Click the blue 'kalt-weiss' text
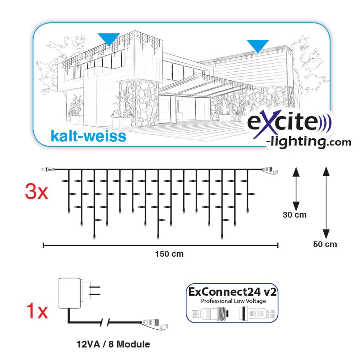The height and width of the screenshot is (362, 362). pyautogui.click(x=88, y=136)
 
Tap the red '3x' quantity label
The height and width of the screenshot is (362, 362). pyautogui.click(x=36, y=191)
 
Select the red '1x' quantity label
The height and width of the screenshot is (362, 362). pyautogui.click(x=37, y=311)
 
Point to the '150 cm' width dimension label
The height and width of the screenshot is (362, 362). pyautogui.click(x=169, y=254)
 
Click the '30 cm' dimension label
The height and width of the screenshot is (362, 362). pyautogui.click(x=295, y=215)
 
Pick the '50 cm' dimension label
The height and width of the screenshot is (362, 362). pyautogui.click(x=325, y=244)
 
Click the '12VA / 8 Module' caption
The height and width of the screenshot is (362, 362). pyautogui.click(x=113, y=344)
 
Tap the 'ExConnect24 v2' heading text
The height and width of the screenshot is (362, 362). pyautogui.click(x=232, y=292)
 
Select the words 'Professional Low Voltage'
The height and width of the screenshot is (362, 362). pyautogui.click(x=233, y=301)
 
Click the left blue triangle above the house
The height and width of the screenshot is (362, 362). pyautogui.click(x=109, y=39)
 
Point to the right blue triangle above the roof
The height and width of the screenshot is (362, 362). pyautogui.click(x=258, y=45)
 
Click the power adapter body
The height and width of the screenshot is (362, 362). pyautogui.click(x=70, y=293)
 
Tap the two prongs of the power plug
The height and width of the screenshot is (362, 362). pyautogui.click(x=95, y=291)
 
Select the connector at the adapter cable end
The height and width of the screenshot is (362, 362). pyautogui.click(x=155, y=324)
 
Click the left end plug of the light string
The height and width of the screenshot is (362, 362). pyautogui.click(x=48, y=170)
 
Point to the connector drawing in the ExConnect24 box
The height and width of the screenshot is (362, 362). pyautogui.click(x=233, y=314)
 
